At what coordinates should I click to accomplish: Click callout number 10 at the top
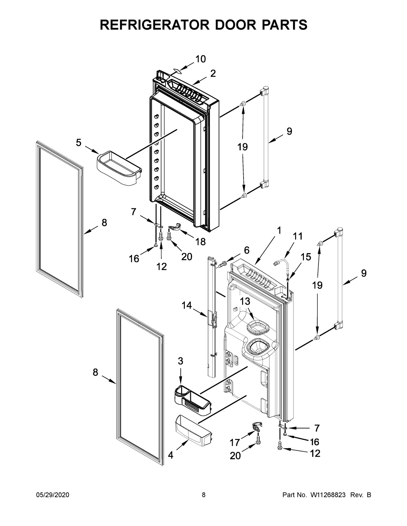pyautogui.click(x=200, y=59)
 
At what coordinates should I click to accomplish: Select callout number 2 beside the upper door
pyautogui.click(x=213, y=73)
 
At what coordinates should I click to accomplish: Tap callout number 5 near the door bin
pyautogui.click(x=79, y=143)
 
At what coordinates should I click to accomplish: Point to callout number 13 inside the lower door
pyautogui.click(x=245, y=301)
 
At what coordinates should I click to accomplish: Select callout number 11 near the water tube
pyautogui.click(x=298, y=236)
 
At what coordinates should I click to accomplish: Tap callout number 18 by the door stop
pyautogui.click(x=201, y=241)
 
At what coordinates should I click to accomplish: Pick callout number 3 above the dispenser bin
pyautogui.click(x=180, y=361)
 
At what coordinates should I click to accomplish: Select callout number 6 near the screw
pyautogui.click(x=247, y=250)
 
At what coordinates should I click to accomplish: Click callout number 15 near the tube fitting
pyautogui.click(x=306, y=257)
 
